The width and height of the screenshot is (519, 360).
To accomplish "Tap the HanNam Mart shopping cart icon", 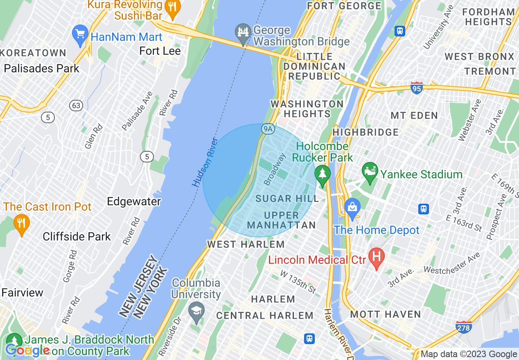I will click(x=80, y=34).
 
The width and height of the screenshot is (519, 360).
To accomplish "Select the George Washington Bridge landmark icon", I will click(x=243, y=33).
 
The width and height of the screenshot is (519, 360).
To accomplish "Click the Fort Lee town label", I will click(x=160, y=51).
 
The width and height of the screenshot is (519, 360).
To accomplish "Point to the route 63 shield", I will click(x=76, y=106).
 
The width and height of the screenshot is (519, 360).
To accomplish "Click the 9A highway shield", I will click(x=268, y=130).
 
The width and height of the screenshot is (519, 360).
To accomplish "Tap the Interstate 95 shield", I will click(x=416, y=88).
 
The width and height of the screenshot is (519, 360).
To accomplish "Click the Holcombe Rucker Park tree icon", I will click(x=323, y=175).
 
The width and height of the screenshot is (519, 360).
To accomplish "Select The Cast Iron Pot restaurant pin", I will click(x=21, y=224).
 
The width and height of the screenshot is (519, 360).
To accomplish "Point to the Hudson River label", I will click(x=205, y=162).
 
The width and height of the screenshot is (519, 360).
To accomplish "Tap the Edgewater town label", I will click(x=134, y=201).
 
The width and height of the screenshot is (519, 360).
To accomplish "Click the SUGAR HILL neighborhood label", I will click(x=287, y=199).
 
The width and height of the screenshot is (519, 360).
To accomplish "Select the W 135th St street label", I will click(x=298, y=281).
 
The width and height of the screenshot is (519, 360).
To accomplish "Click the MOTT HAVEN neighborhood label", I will click(x=386, y=314).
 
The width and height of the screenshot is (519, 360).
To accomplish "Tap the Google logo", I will click(x=27, y=351).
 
